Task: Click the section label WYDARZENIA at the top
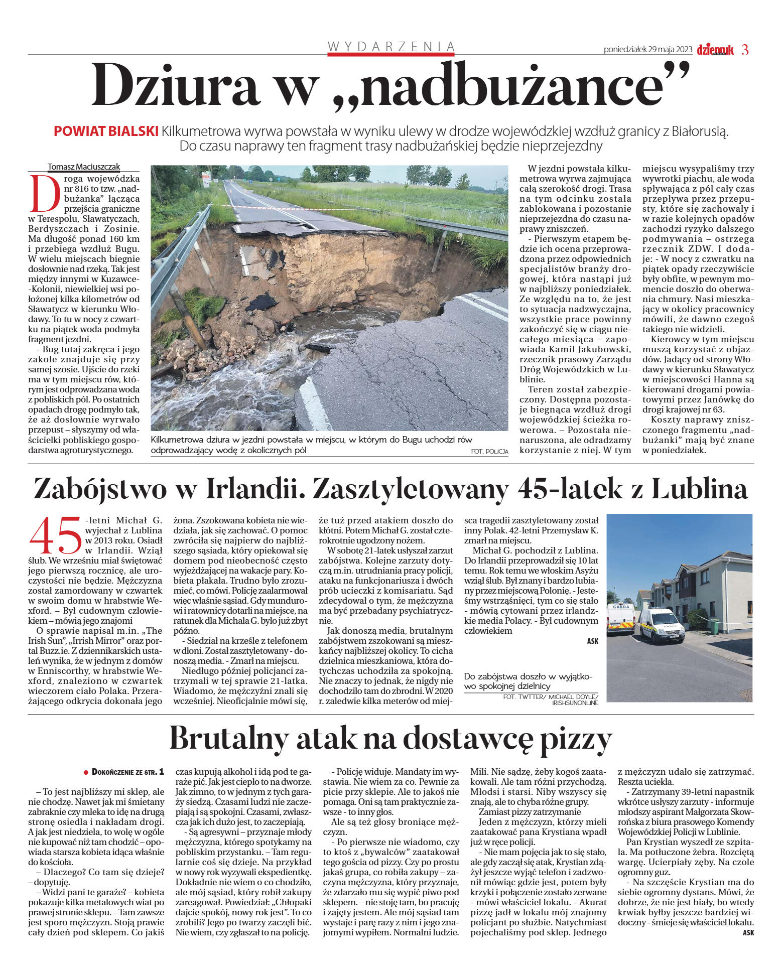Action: (x=391, y=47)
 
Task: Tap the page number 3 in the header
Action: (x=745, y=50)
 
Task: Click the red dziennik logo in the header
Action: (x=715, y=49)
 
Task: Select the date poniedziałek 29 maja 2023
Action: (x=648, y=50)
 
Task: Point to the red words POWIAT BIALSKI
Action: (x=106, y=131)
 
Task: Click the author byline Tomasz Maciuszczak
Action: (x=84, y=167)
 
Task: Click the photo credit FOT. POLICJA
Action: (x=489, y=452)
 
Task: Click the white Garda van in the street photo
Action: (x=662, y=625)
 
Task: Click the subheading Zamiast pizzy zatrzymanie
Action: (x=530, y=812)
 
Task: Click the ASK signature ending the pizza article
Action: (x=748, y=932)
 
